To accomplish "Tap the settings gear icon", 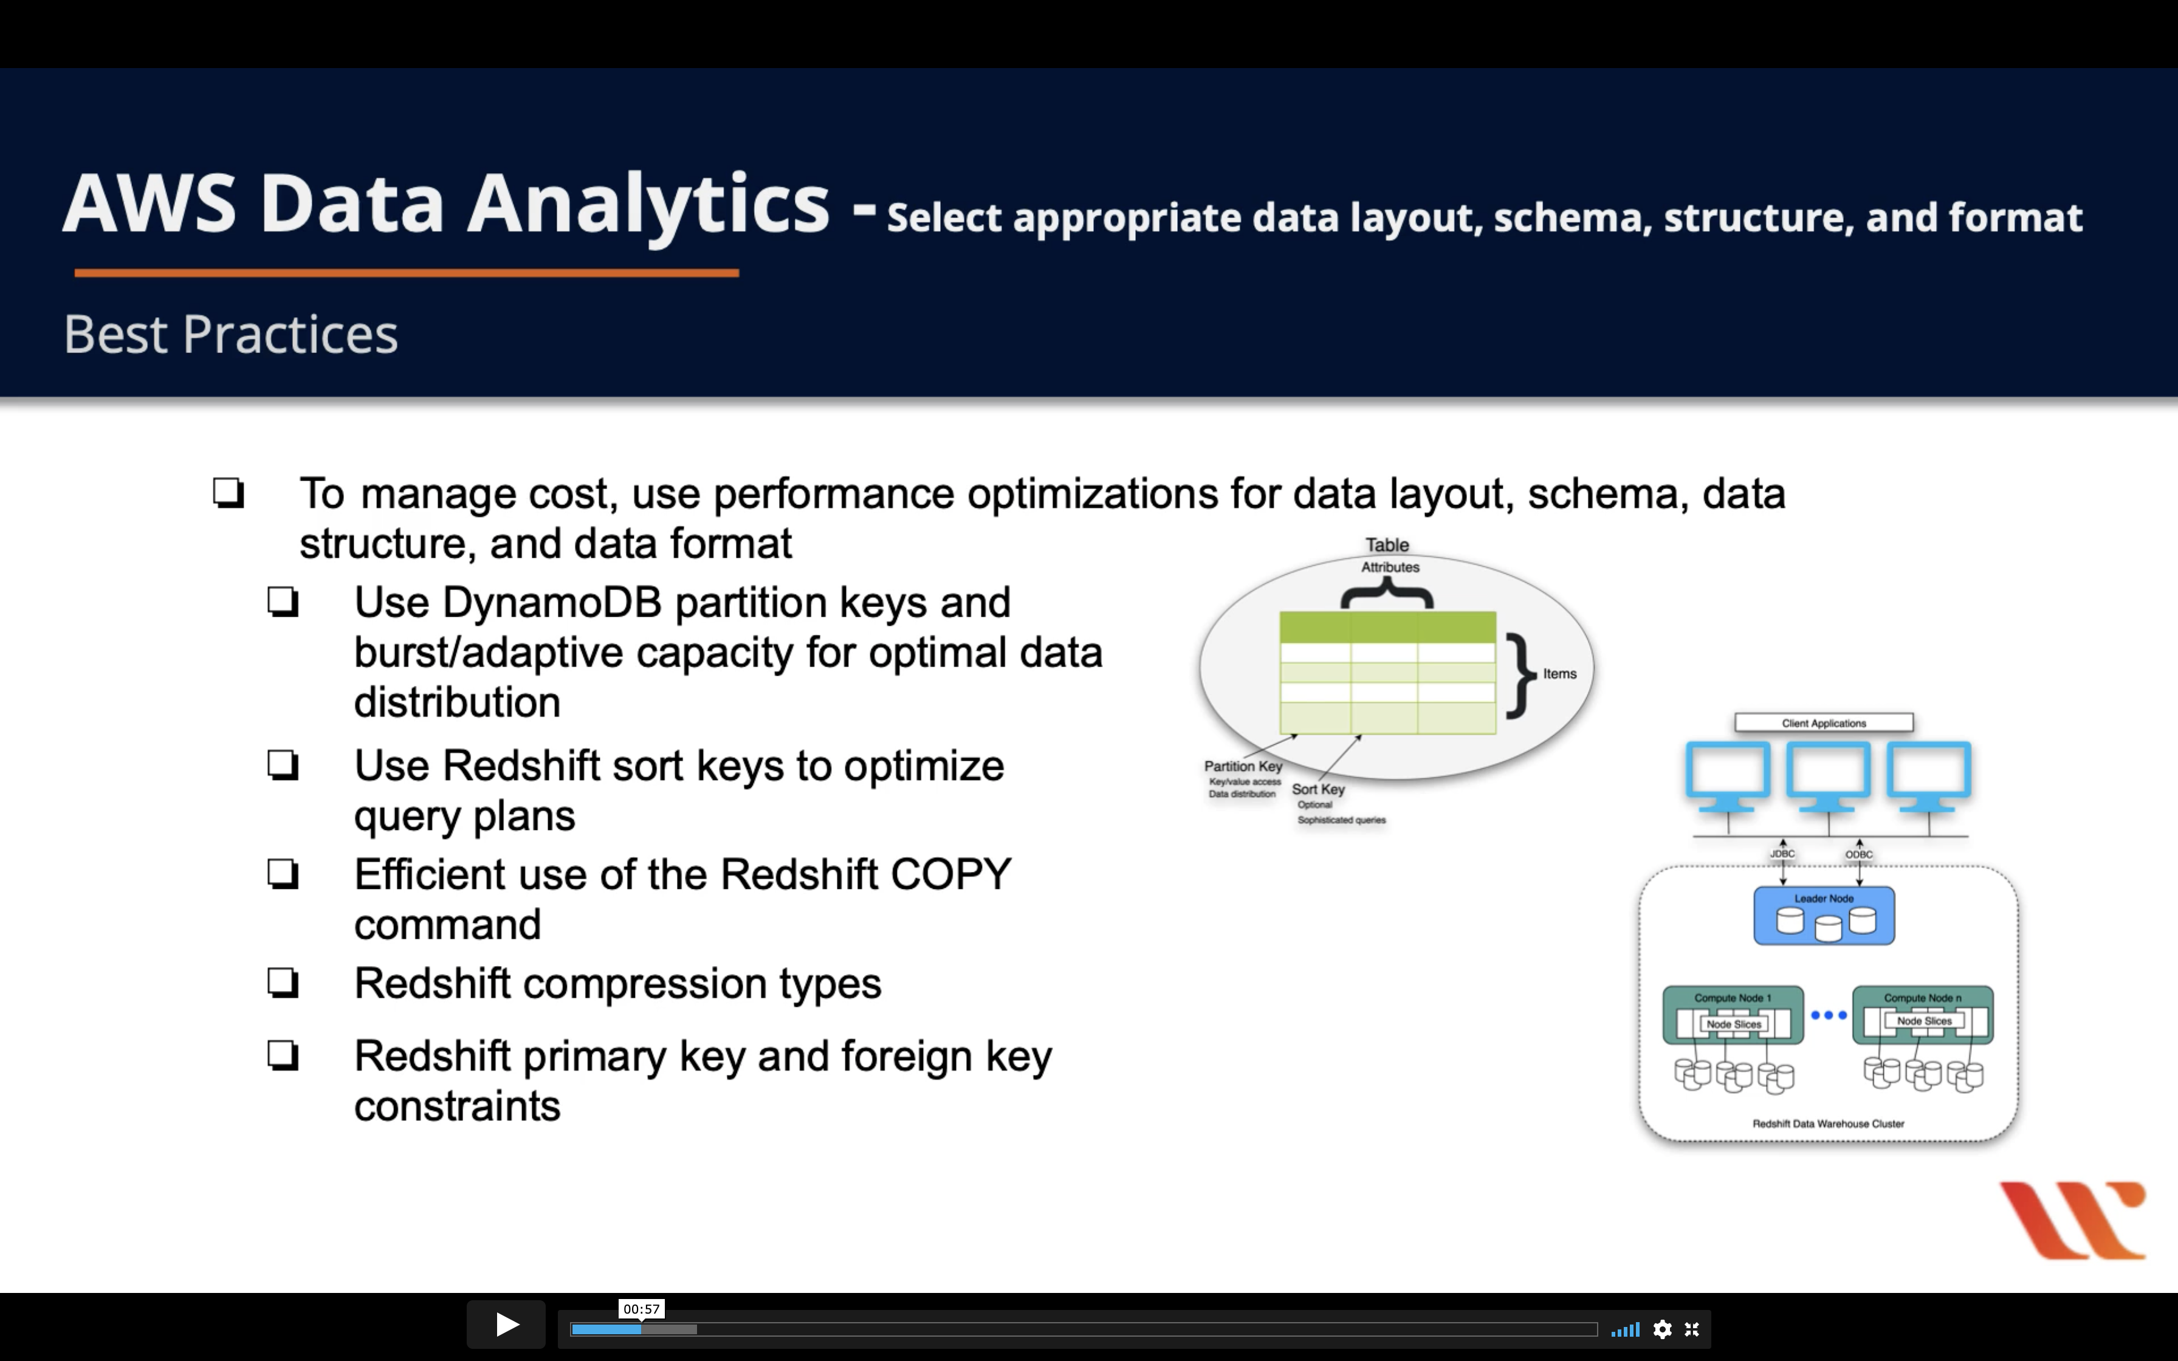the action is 1662,1329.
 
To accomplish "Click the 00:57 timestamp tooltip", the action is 641,1309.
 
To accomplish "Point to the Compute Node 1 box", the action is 1733,1015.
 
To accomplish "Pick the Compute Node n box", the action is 1922,1015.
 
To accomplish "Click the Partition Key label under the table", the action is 1243,766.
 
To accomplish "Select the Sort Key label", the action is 1319,789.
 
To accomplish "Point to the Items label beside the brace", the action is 1560,673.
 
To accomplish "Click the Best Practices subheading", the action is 230,335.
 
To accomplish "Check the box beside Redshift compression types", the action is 283,983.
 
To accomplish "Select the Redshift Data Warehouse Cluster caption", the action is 1828,1123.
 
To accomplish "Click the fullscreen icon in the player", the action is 1692,1329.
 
